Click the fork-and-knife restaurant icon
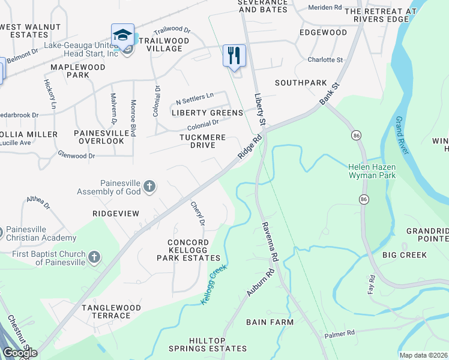click(x=234, y=55)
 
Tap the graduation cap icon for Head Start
click(x=122, y=35)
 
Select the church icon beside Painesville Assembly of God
click(x=149, y=187)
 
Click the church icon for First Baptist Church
click(x=94, y=257)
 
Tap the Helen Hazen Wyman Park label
click(x=373, y=171)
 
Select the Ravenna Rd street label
click(x=270, y=242)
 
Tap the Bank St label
click(x=330, y=95)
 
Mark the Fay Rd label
click(x=371, y=284)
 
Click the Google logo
click(x=20, y=353)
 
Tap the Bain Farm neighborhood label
click(x=270, y=322)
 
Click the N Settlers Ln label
click(x=194, y=95)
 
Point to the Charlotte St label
click(x=325, y=60)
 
